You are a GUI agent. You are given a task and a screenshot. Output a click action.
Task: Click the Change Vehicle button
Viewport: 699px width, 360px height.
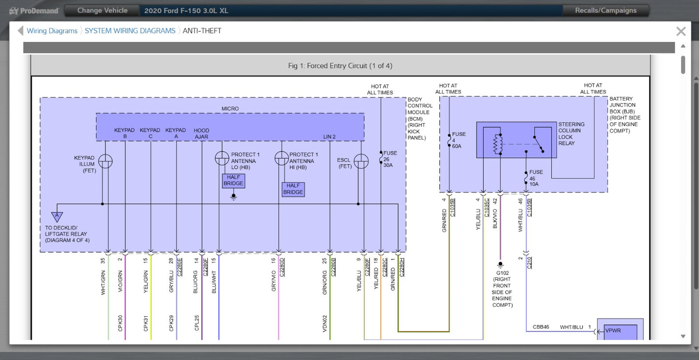[103, 11]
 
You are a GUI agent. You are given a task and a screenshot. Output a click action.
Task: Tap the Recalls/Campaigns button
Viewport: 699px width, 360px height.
[606, 11]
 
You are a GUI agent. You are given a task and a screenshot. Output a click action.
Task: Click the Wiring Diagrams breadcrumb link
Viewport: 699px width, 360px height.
[52, 31]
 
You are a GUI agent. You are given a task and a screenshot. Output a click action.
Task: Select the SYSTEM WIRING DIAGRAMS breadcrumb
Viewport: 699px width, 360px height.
[130, 31]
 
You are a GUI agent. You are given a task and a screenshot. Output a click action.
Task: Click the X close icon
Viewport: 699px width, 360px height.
[681, 31]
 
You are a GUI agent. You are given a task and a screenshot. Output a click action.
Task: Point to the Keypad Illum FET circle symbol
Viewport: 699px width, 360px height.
[105, 161]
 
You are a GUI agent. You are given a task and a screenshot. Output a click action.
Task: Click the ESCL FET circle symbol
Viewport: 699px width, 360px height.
[361, 161]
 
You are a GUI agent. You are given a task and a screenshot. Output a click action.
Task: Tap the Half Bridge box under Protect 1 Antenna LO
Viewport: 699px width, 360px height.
[234, 181]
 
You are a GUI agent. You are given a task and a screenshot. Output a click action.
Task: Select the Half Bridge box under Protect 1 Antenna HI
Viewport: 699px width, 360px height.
[293, 189]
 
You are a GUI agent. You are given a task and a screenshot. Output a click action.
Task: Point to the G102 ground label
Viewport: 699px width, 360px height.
[503, 273]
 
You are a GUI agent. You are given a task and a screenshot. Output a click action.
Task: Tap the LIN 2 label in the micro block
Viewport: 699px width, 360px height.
[329, 137]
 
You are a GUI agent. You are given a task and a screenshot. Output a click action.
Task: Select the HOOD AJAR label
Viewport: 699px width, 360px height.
[201, 134]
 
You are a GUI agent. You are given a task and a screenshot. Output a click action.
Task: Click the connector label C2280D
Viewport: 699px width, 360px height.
[282, 267]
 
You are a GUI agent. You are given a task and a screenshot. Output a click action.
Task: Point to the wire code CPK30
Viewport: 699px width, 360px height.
[120, 323]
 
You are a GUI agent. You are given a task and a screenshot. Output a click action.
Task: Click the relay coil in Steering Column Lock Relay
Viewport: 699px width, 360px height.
[498, 144]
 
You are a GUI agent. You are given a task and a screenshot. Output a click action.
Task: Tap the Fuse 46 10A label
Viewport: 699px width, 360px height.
[536, 178]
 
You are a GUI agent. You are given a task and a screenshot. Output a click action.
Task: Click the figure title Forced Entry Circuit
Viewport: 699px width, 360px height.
[340, 66]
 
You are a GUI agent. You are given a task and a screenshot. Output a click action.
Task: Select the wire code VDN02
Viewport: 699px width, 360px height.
[325, 323]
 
